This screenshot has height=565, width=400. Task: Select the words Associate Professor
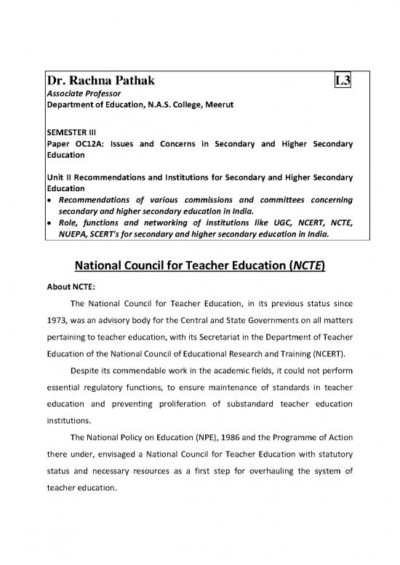80,95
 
